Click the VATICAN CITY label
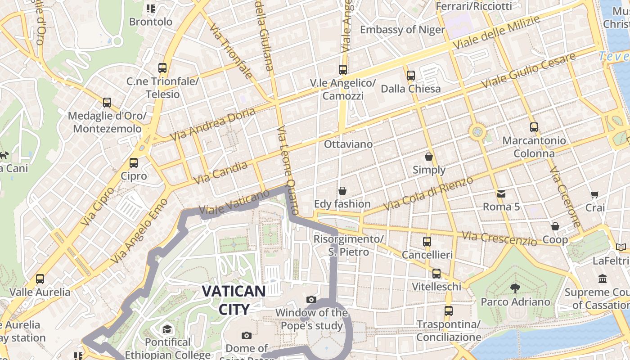coord(234,300)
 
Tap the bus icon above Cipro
coord(134,162)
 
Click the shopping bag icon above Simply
coord(429,157)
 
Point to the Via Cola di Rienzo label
coord(428,193)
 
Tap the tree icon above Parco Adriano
coord(515,288)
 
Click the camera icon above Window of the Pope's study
coord(311,299)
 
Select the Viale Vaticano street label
coord(234,203)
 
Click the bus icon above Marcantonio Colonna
coord(534,127)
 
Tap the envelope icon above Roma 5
coord(501,194)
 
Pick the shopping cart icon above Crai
coord(595,195)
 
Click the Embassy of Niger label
coord(402,30)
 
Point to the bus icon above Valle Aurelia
coord(40,279)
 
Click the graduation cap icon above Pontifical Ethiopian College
coord(167,329)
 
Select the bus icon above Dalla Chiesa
coord(411,76)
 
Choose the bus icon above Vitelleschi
coord(436,274)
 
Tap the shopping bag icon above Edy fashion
coord(342,191)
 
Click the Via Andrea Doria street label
coord(212,124)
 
